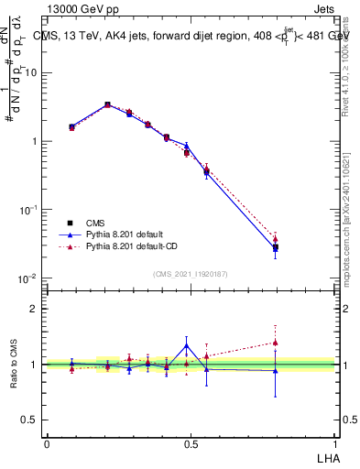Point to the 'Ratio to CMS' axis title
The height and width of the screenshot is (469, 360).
click(14, 365)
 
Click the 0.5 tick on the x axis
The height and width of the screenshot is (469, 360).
click(191, 443)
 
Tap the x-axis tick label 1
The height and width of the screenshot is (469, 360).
click(334, 443)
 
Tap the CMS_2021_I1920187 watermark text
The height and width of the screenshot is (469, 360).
click(191, 273)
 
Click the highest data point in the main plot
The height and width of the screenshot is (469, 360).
click(108, 105)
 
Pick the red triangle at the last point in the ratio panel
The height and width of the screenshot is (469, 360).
click(275, 343)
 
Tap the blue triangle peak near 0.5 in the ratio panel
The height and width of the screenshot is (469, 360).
click(187, 345)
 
